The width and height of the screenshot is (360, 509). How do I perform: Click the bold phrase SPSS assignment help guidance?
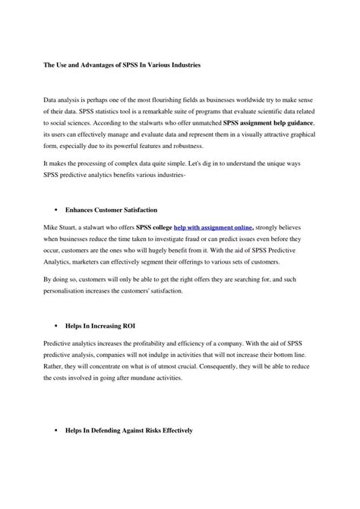[268, 122]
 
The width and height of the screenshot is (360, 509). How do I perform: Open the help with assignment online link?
[213, 226]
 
